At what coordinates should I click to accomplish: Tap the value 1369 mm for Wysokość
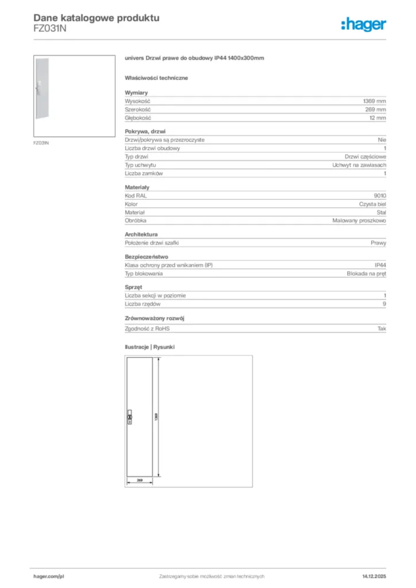pos(374,100)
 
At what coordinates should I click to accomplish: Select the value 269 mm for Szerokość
pos(376,109)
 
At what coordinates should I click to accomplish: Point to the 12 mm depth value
pos(378,118)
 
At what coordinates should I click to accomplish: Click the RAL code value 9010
pos(380,195)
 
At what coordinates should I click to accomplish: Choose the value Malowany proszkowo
pos(359,220)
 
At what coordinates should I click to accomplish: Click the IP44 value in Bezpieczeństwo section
pos(380,265)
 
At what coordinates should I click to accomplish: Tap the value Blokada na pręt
pos(367,273)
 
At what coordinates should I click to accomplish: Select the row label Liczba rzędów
pos(142,304)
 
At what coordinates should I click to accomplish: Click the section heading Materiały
pos(137,187)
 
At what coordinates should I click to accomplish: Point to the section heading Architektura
pos(141,234)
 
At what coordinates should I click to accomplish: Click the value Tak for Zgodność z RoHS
pos(382,328)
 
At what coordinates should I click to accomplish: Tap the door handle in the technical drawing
pos(129,417)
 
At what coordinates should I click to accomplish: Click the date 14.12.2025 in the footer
pos(373,576)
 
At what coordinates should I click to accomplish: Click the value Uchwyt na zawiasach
pos(359,165)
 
